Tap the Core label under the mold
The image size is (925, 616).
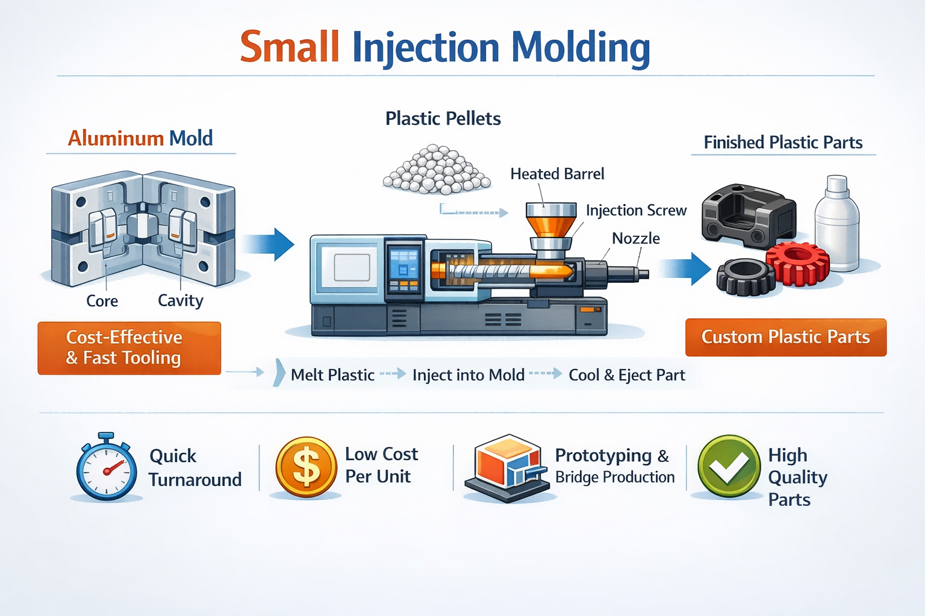point(102,301)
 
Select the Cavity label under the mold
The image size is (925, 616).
point(180,300)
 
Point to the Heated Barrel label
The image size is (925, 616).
point(557,174)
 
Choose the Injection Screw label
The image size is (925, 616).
point(636,210)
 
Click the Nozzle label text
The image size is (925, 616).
point(635,238)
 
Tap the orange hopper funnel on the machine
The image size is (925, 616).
point(550,222)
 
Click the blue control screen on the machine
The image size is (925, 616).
point(403,265)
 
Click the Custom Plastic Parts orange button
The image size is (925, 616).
point(785,337)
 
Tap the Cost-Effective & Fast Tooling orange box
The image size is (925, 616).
point(129,348)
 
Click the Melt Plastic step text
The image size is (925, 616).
point(332,375)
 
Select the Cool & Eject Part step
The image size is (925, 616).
point(626,375)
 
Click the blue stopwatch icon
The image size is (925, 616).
point(107,469)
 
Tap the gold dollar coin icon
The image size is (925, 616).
point(306,467)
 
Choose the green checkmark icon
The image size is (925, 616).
point(729,466)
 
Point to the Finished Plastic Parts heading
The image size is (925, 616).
point(783,143)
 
